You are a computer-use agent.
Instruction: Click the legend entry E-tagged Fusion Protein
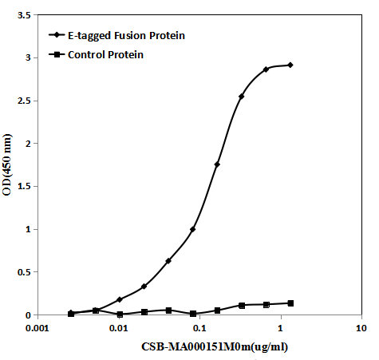pyautogui.click(x=126, y=35)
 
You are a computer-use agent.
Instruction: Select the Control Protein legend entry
pyautogui.click(x=105, y=55)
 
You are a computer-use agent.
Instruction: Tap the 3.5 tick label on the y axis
pyautogui.click(x=24, y=15)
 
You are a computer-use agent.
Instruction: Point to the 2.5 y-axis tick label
pyautogui.click(x=24, y=101)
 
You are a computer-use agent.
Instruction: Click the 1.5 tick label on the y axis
pyautogui.click(x=24, y=187)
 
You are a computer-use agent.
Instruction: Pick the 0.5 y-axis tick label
pyautogui.click(x=24, y=272)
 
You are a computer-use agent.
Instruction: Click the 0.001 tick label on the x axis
pyautogui.click(x=38, y=328)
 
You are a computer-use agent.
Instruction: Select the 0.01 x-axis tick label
pyautogui.click(x=119, y=328)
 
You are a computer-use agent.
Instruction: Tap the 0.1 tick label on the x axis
pyautogui.click(x=199, y=328)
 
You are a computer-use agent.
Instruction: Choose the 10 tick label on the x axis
pyautogui.click(x=361, y=328)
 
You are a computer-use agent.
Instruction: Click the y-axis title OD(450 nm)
pyautogui.click(x=7, y=165)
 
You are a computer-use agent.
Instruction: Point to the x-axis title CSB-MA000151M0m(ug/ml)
pyautogui.click(x=215, y=346)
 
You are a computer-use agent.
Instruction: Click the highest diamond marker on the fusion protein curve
pyautogui.click(x=290, y=65)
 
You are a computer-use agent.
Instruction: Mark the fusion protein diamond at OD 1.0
pyautogui.click(x=193, y=229)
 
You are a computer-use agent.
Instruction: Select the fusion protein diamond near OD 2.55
pyautogui.click(x=242, y=97)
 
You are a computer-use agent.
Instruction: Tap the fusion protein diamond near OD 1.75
pyautogui.click(x=217, y=164)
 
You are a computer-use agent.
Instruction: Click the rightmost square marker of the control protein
pyautogui.click(x=290, y=303)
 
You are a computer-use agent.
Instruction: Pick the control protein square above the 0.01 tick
pyautogui.click(x=120, y=315)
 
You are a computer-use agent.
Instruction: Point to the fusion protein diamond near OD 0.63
pyautogui.click(x=168, y=261)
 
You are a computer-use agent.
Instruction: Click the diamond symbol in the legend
pyautogui.click(x=57, y=35)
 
